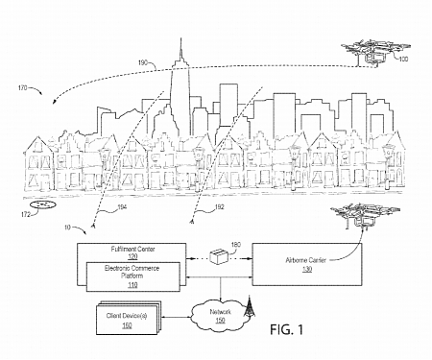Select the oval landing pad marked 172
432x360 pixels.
tap(42, 204)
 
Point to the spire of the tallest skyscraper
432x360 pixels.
tap(179, 43)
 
